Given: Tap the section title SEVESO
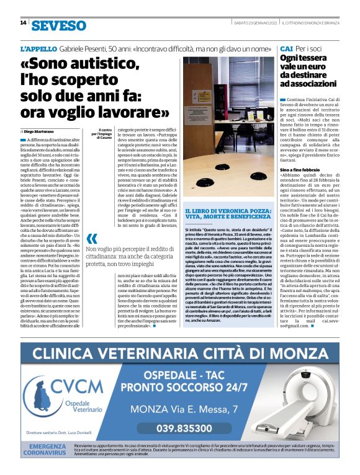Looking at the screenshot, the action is coord(59,25).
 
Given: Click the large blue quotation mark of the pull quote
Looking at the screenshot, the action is coord(92,238).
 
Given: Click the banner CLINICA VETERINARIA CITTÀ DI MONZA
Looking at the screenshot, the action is coord(180,353).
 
